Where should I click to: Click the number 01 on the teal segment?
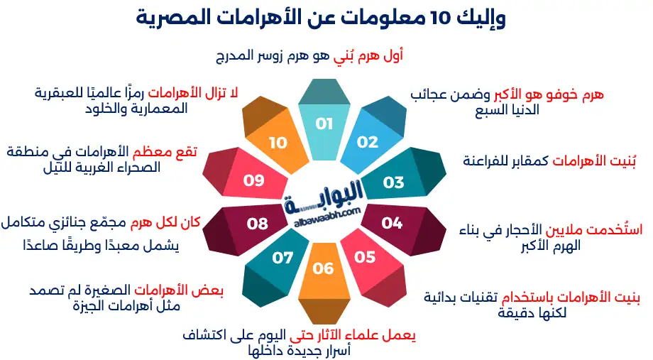coord(324,124)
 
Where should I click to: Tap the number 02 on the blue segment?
coord(368,142)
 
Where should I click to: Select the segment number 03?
coord(393,182)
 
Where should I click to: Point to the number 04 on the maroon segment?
coord(392,223)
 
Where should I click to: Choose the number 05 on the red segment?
coord(365,256)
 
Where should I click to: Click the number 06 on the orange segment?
coord(323,268)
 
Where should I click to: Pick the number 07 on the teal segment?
coord(282,257)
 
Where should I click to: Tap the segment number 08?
coord(257,224)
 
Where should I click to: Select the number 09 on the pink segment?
coord(253,180)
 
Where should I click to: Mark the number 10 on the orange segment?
coord(278,143)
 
